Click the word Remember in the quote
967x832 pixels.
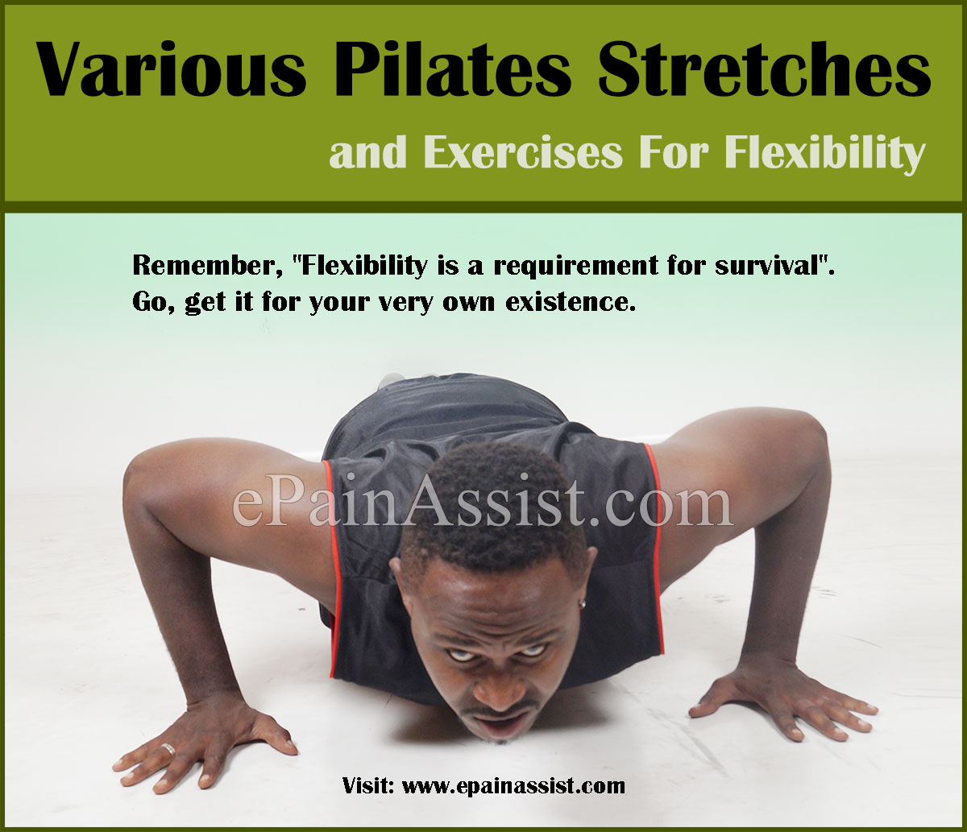pos(193,267)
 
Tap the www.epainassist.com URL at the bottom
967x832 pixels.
pos(513,784)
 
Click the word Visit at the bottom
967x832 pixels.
pos(367,784)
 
